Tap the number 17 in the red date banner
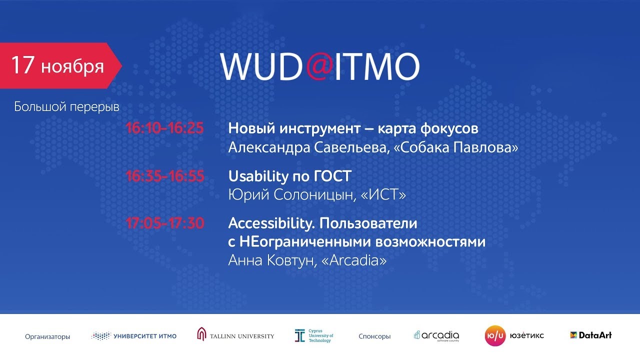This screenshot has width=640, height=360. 22,65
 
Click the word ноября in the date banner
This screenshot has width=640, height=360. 72,66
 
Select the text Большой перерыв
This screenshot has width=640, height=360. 66,106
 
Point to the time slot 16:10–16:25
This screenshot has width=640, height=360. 164,128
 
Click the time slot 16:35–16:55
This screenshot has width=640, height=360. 164,176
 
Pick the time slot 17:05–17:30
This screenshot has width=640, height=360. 164,223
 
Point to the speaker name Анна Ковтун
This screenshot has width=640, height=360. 270,260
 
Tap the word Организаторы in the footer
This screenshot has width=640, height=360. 47,336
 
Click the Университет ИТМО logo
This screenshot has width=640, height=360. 134,336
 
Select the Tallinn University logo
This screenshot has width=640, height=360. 235,335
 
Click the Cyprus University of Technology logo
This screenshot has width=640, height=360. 314,335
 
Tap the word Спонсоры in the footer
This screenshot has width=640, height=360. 374,336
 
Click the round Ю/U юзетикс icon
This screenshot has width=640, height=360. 495,335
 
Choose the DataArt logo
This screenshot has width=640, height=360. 590,335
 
